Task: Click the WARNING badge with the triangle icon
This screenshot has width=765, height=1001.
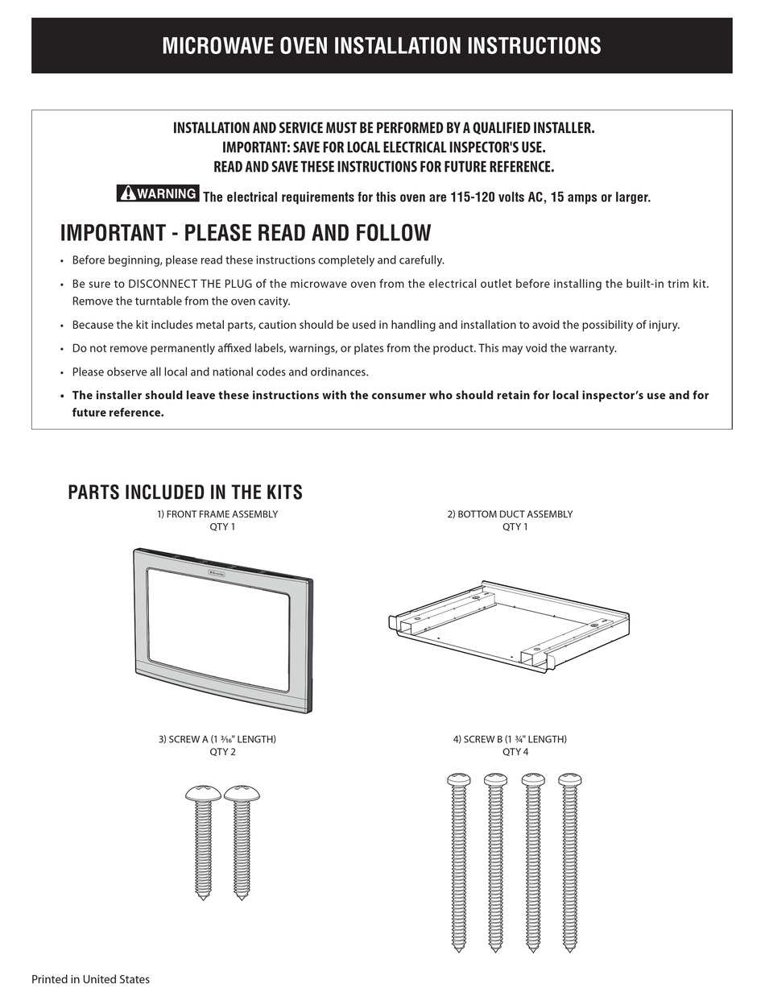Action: pyautogui.click(x=158, y=193)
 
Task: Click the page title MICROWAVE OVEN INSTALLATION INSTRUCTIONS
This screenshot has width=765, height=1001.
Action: pyautogui.click(x=382, y=46)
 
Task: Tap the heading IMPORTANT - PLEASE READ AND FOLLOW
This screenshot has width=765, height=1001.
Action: pyautogui.click(x=246, y=233)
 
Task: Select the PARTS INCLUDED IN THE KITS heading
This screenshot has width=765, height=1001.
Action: pyautogui.click(x=185, y=492)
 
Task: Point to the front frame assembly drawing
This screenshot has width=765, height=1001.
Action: pyautogui.click(x=222, y=629)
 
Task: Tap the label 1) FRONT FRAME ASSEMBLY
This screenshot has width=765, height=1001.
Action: pyautogui.click(x=217, y=514)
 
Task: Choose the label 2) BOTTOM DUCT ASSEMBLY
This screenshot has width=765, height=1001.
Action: pyautogui.click(x=510, y=514)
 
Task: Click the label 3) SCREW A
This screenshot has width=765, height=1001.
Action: pyautogui.click(x=217, y=739)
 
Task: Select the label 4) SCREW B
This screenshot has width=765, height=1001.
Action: pyautogui.click(x=510, y=739)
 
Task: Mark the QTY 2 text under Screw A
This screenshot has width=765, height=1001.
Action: pyautogui.click(x=223, y=752)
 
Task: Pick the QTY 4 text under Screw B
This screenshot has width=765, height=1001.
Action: pyautogui.click(x=515, y=752)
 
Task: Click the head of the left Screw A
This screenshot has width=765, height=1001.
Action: pyautogui.click(x=203, y=794)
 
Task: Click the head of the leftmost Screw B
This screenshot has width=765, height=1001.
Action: pyautogui.click(x=458, y=779)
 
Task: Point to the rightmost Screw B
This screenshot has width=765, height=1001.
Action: pyautogui.click(x=570, y=862)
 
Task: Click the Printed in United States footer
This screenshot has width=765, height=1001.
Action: pyautogui.click(x=90, y=979)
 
